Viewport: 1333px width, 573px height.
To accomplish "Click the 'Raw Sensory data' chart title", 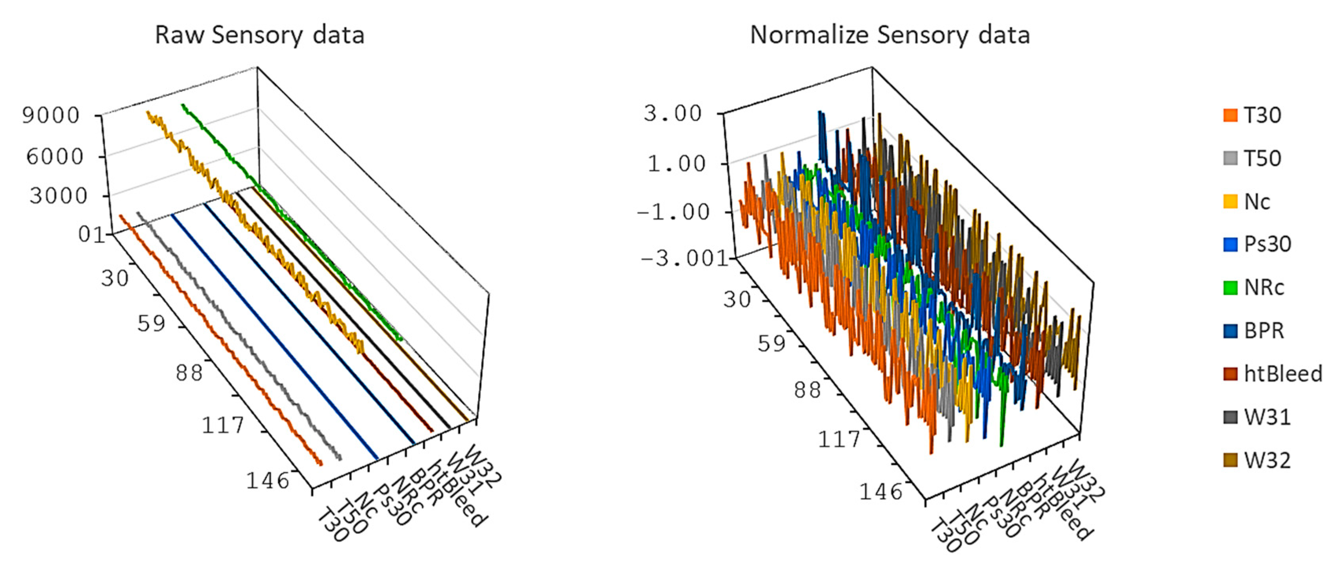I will (x=260, y=35).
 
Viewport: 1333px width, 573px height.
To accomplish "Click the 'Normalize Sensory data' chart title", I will (x=890, y=35).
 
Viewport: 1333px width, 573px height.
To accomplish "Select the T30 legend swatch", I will (x=1231, y=115).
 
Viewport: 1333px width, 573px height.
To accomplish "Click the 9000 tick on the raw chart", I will (x=51, y=115).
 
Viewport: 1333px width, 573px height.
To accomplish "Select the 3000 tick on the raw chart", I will (x=58, y=196).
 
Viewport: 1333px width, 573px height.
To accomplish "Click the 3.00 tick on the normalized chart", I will (x=672, y=113).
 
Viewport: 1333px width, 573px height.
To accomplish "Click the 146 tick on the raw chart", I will (x=267, y=481).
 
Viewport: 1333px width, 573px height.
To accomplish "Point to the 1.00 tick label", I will (x=676, y=164).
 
